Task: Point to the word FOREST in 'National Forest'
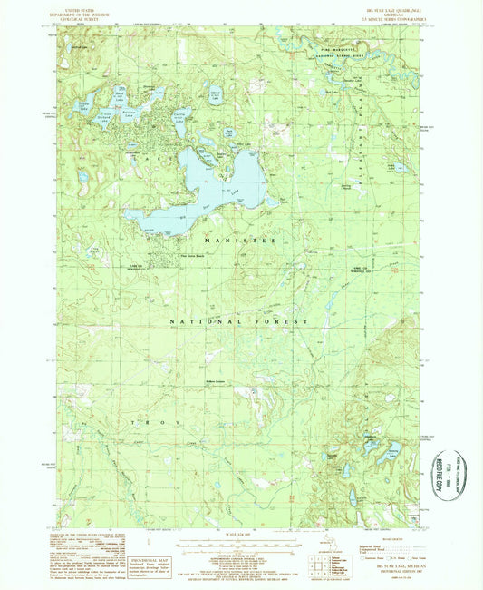coord(282,322)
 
